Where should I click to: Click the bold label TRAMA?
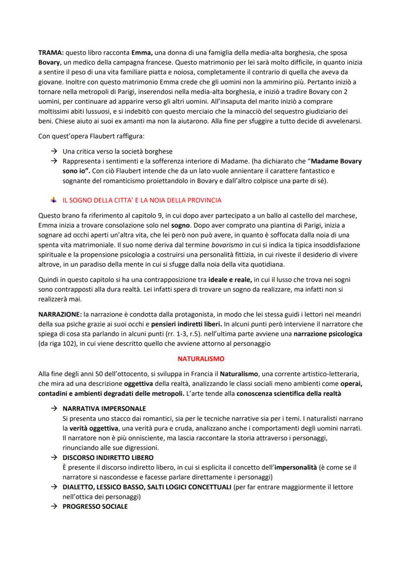coord(50,52)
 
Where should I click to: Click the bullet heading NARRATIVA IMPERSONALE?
coord(104,408)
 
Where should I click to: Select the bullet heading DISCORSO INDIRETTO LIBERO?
coord(108,457)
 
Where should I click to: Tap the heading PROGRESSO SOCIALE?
coord(95,506)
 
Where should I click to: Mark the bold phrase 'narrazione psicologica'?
coord(328,334)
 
